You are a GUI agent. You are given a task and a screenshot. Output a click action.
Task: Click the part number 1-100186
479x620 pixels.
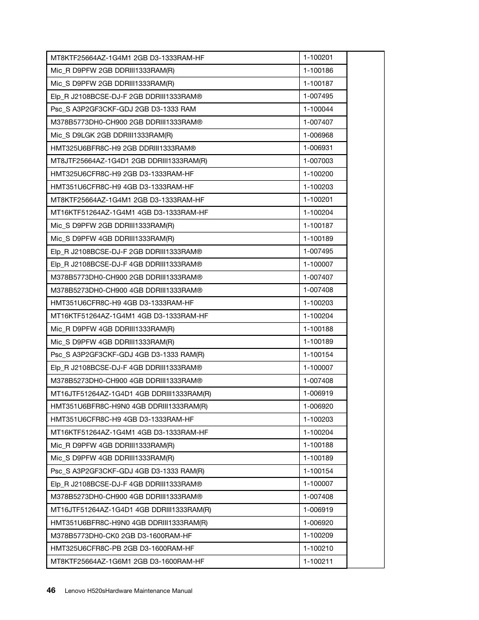(318, 71)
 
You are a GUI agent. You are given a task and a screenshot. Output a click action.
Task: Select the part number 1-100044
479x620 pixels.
(318, 109)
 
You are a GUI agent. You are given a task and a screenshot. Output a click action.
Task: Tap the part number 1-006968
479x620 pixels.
(318, 135)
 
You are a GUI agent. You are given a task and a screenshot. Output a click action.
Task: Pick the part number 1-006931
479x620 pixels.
(318, 148)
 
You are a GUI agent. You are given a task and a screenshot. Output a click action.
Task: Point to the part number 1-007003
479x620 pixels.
(318, 161)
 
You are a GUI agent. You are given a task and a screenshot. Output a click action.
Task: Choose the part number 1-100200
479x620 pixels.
(318, 174)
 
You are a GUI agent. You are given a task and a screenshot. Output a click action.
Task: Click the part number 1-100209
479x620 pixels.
(318, 536)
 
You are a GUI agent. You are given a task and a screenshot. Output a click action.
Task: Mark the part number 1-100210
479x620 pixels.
(318, 549)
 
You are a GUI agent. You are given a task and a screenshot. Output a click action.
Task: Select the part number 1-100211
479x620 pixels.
(318, 562)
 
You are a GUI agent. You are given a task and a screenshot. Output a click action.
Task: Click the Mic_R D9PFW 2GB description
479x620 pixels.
(112, 71)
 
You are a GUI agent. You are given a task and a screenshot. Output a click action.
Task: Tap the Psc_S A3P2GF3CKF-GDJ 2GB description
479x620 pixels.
(123, 109)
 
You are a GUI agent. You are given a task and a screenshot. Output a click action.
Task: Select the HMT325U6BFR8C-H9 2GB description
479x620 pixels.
(123, 148)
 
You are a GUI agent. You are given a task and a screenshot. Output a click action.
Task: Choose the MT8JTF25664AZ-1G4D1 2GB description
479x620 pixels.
(129, 161)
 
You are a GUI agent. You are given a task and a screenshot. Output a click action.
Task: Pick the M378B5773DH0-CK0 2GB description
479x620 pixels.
(121, 536)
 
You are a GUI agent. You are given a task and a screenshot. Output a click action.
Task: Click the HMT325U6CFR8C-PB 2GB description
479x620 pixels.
(122, 549)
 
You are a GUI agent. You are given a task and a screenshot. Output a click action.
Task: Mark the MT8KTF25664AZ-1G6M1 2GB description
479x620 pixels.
(128, 562)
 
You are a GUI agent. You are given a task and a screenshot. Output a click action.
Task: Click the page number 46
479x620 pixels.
(51, 590)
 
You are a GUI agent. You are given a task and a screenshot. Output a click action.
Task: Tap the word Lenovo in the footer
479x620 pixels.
(75, 591)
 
